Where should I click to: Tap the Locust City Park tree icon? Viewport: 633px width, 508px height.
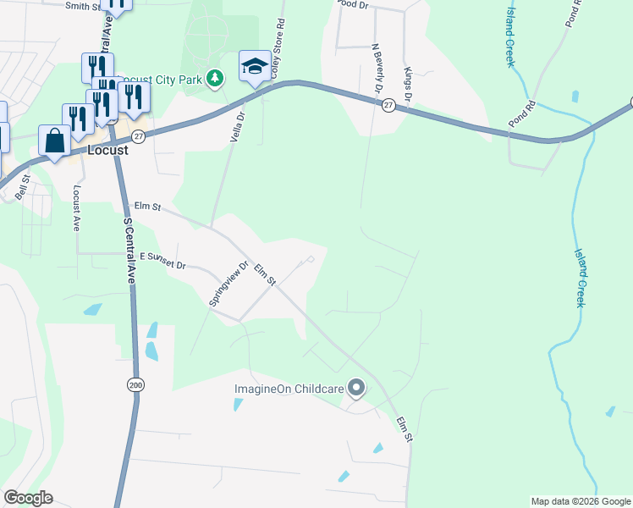point(216,80)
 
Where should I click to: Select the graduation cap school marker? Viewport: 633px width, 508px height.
point(254,68)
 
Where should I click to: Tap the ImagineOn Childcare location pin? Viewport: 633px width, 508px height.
point(356,389)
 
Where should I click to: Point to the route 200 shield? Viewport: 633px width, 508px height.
point(135,385)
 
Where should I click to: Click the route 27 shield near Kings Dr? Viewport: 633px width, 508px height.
point(388,104)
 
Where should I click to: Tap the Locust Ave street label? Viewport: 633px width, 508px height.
point(75,209)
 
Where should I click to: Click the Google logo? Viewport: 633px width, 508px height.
point(28,498)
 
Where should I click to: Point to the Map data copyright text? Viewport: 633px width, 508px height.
point(581,501)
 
